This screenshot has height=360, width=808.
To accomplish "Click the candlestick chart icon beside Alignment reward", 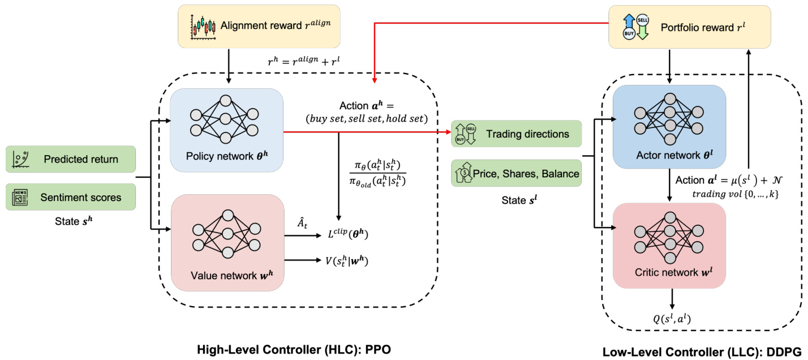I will click(x=204, y=26).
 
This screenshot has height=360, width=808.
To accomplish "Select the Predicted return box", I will click(x=71, y=159).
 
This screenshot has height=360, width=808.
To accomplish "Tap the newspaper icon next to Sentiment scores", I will click(x=20, y=197).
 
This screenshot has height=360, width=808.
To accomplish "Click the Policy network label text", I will click(x=226, y=156).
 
